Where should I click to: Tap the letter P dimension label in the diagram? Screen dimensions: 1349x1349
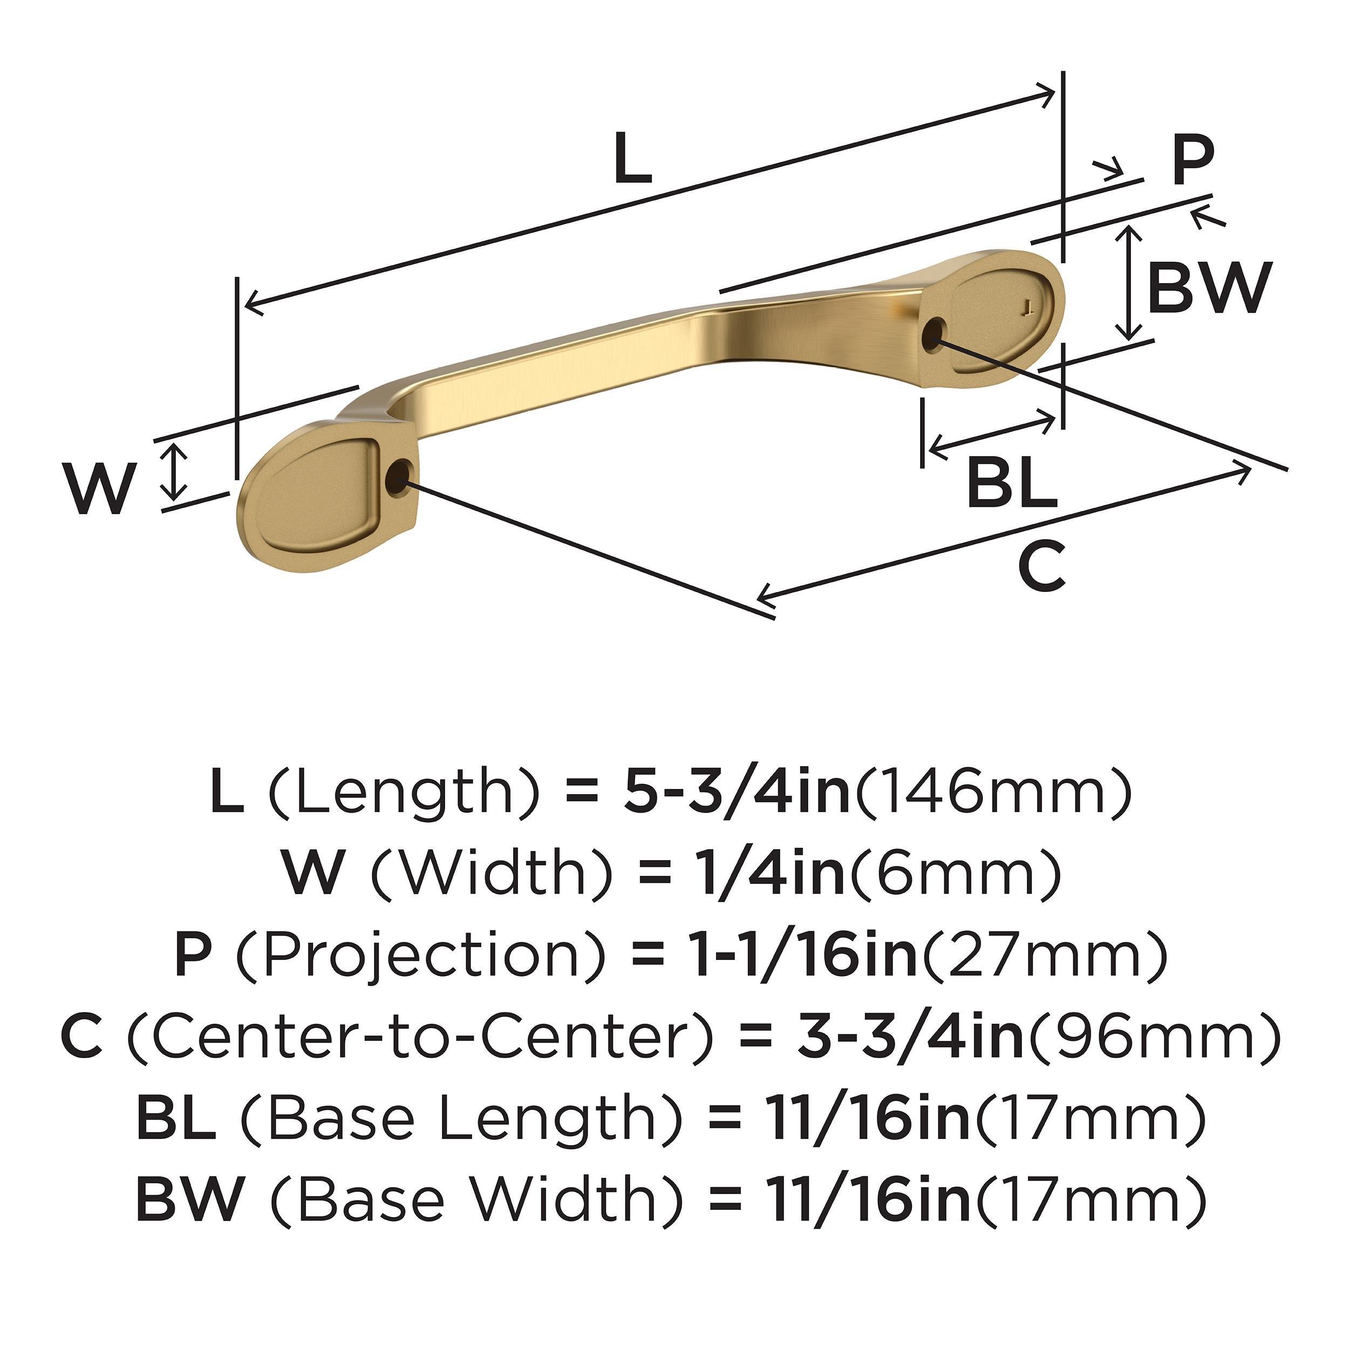[x=1193, y=161]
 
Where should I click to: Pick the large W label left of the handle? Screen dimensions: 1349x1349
[x=98, y=489]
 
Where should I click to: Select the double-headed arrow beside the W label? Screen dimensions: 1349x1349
[x=174, y=473]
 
